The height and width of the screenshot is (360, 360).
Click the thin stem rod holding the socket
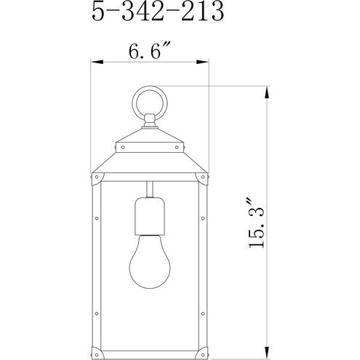tap(150, 188)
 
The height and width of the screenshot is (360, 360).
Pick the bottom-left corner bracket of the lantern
tap(97, 337)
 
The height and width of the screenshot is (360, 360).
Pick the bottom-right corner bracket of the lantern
tap(204, 337)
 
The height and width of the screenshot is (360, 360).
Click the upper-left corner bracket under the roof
tap(97, 177)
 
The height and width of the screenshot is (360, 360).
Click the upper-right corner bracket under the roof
tap(204, 177)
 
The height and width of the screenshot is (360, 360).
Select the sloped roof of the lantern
tap(150, 156)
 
